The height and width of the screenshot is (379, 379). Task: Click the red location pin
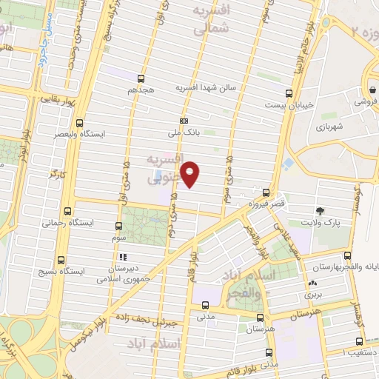(190, 173)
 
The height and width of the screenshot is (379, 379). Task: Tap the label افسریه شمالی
(211, 20)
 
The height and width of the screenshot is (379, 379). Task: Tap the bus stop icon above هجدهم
(141, 76)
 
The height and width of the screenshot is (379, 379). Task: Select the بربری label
(309, 295)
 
